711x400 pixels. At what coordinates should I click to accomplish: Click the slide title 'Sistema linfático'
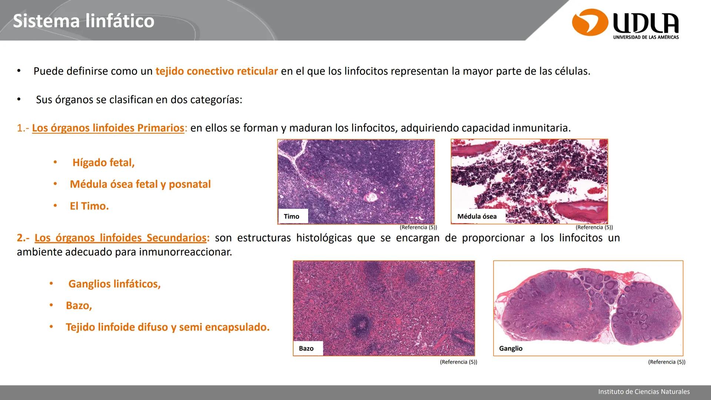pyautogui.click(x=83, y=21)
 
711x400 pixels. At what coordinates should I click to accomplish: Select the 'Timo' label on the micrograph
pyautogui.click(x=291, y=216)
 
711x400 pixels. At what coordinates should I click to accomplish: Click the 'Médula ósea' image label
pyautogui.click(x=477, y=216)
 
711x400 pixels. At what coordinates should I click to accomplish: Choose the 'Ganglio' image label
pyautogui.click(x=511, y=349)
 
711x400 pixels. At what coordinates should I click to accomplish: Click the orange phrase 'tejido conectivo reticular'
pyautogui.click(x=216, y=71)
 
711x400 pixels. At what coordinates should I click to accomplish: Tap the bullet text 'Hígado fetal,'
pyautogui.click(x=103, y=163)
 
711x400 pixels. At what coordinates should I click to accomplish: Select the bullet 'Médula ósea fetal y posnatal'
pyautogui.click(x=140, y=184)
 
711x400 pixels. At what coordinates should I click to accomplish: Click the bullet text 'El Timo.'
pyautogui.click(x=89, y=206)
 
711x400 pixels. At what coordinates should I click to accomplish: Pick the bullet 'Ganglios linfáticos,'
pyautogui.click(x=114, y=284)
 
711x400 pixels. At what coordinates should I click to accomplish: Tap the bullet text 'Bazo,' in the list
pyautogui.click(x=79, y=306)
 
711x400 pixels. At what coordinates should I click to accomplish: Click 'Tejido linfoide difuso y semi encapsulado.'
pyautogui.click(x=167, y=327)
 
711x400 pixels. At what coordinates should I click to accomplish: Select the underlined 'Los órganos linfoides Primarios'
pyautogui.click(x=108, y=128)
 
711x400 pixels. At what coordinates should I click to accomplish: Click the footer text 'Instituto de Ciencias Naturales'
pyautogui.click(x=644, y=391)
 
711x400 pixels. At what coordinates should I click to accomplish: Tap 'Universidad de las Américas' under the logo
pyautogui.click(x=646, y=37)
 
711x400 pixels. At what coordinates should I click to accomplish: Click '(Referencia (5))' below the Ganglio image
pyautogui.click(x=667, y=362)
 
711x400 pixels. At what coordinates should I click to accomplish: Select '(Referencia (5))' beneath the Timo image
pyautogui.click(x=418, y=227)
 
